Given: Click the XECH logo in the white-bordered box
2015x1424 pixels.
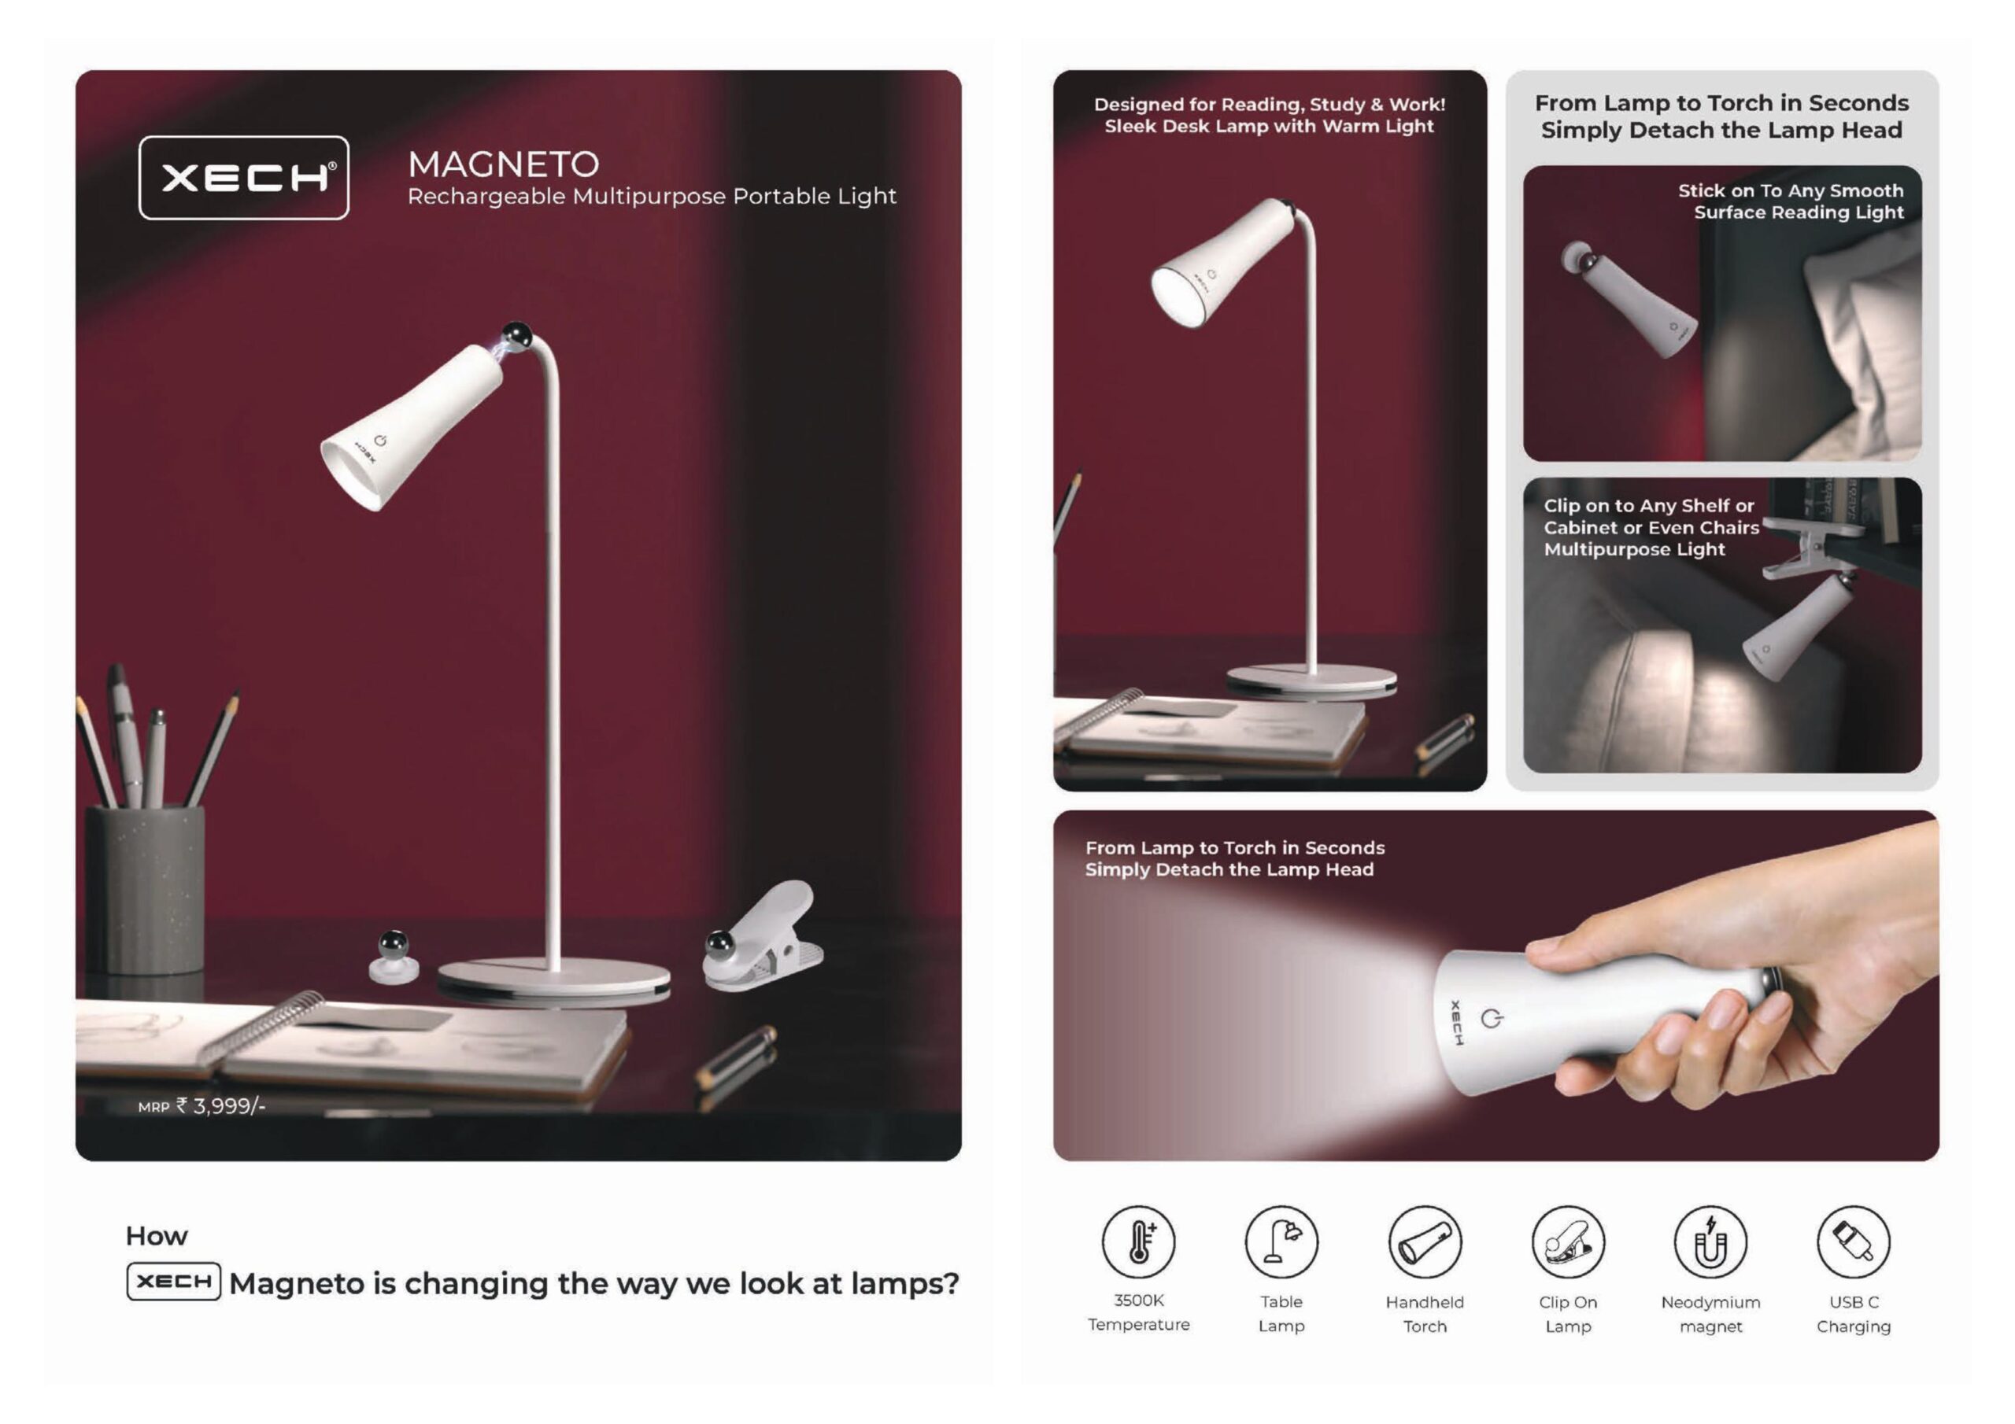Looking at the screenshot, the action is pyautogui.click(x=244, y=178).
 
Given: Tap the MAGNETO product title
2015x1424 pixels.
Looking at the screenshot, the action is pyautogui.click(x=504, y=165).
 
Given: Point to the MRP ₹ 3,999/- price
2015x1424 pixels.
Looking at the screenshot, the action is pyautogui.click(x=201, y=1105).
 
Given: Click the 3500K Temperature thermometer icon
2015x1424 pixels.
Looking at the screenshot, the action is pyautogui.click(x=1138, y=1241).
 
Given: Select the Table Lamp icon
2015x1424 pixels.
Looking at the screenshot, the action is pyautogui.click(x=1281, y=1241).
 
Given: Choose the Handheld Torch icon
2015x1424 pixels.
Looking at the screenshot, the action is pyautogui.click(x=1425, y=1241).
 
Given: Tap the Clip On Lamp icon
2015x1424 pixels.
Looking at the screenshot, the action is pyautogui.click(x=1568, y=1241).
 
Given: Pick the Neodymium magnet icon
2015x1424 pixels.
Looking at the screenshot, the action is pyautogui.click(x=1710, y=1241).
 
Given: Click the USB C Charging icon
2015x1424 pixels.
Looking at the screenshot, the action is pyautogui.click(x=1854, y=1241).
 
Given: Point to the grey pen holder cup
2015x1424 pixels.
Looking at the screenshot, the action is pyautogui.click(x=146, y=890).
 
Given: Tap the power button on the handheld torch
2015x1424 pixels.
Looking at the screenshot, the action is pyautogui.click(x=1491, y=1019).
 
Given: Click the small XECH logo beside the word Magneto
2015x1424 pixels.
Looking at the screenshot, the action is pyautogui.click(x=174, y=1281).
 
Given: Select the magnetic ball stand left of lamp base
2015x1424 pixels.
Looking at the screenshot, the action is pyautogui.click(x=394, y=957).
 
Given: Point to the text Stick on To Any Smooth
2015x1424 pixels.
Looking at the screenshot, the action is pyautogui.click(x=1791, y=190).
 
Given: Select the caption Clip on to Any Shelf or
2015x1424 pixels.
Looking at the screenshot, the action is pyautogui.click(x=1649, y=505).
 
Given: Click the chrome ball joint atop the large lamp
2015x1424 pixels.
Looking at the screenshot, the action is pyautogui.click(x=516, y=334).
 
